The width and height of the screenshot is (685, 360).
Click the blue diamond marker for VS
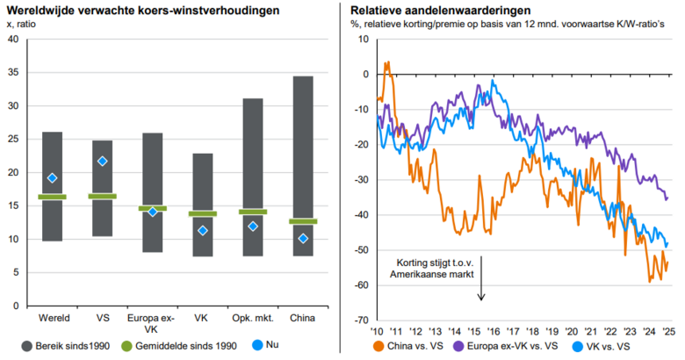pos(102,161)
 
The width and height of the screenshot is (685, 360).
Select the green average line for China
pos(303,221)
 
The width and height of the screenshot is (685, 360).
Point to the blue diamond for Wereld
pos(52,178)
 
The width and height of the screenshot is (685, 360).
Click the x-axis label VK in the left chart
pos(202,316)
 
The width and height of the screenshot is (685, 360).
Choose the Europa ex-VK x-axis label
pos(152,321)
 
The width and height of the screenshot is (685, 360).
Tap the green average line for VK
pos(202,213)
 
